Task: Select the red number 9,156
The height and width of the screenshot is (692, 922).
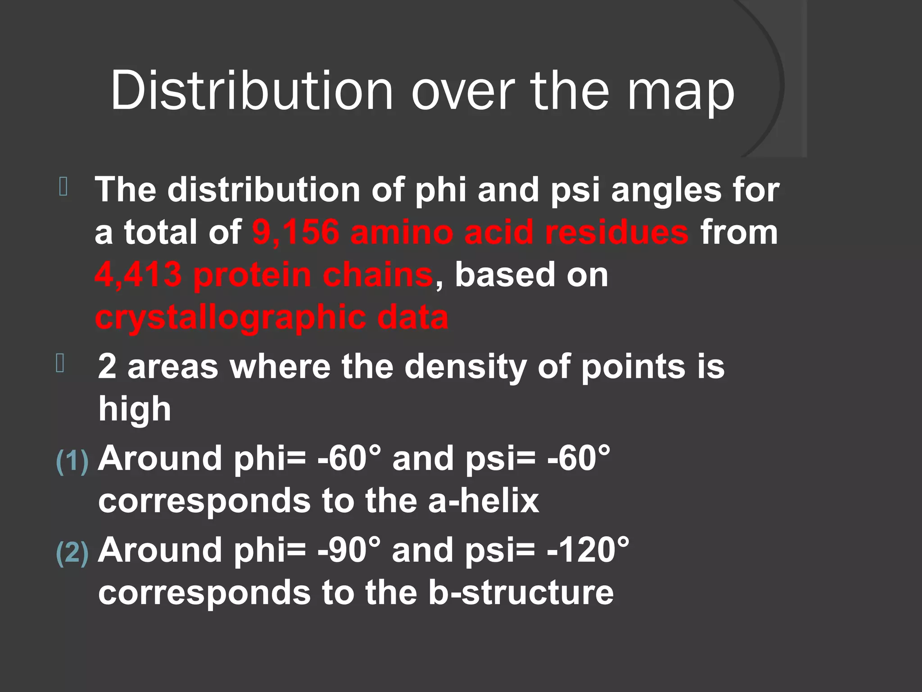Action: point(295,232)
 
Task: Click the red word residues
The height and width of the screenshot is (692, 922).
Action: point(616,232)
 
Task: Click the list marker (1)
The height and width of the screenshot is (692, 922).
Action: point(72,461)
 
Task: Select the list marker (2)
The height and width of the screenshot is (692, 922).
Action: point(72,553)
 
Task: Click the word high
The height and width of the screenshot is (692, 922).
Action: point(135,409)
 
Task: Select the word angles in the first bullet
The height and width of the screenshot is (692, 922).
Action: point(666,190)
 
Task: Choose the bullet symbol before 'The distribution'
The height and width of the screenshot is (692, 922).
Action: point(63,187)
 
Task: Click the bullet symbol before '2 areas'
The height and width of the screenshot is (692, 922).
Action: point(60,363)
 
